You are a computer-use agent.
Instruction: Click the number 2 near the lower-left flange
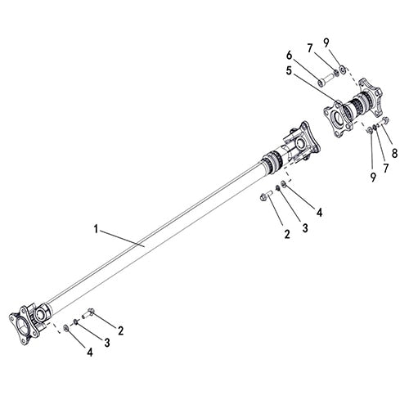[x=120, y=330]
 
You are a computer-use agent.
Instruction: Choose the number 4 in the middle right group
[x=320, y=212]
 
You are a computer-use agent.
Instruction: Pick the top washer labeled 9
[x=343, y=69]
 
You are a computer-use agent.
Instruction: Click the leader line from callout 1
[x=123, y=238]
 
